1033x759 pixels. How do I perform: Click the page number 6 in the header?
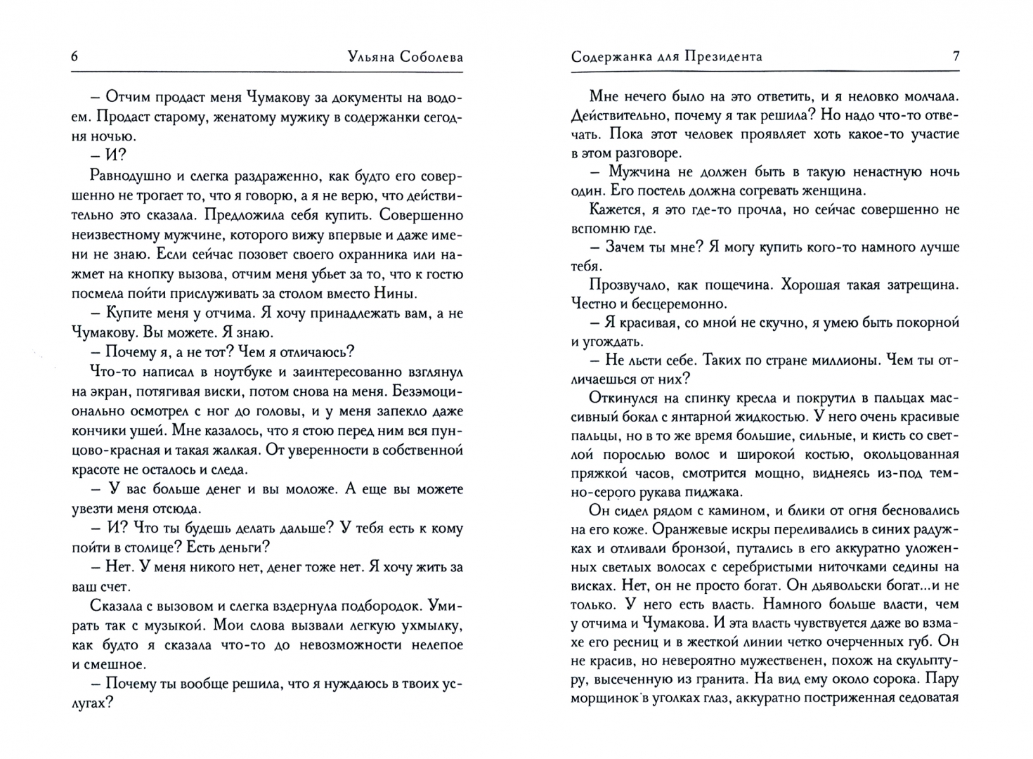point(74,57)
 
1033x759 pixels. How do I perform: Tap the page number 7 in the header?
point(956,57)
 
